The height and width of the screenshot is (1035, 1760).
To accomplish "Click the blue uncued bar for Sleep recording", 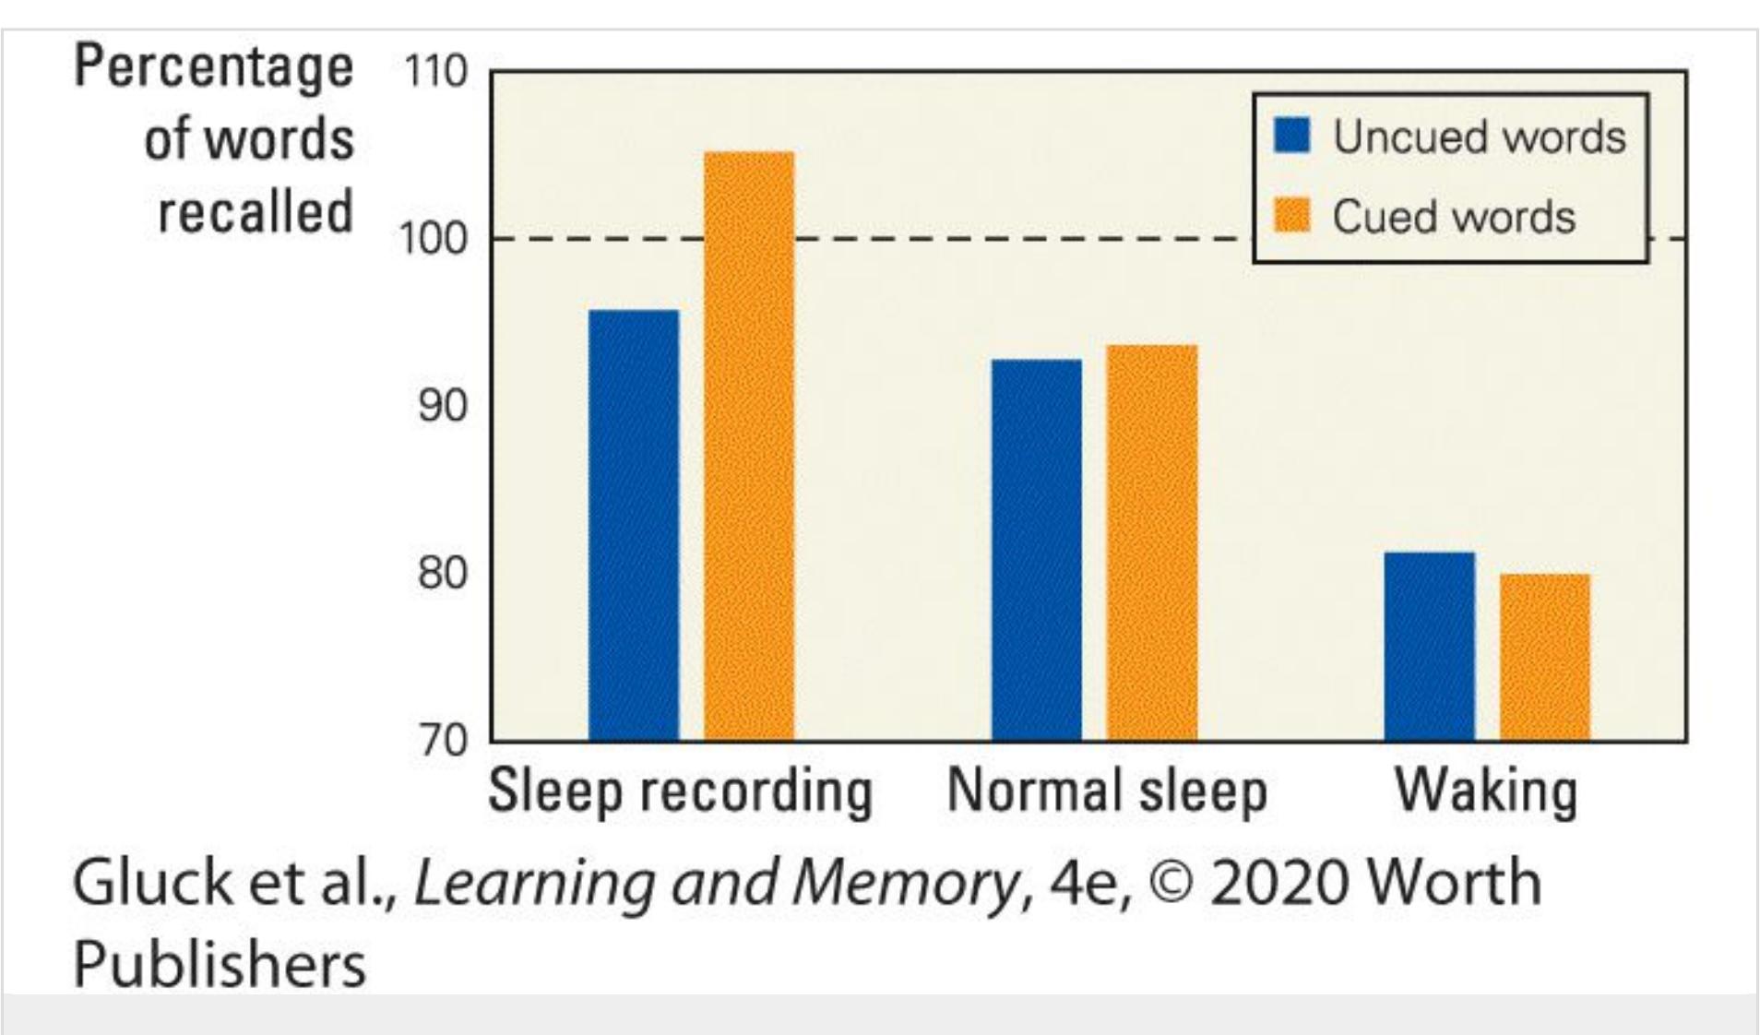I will click(634, 526).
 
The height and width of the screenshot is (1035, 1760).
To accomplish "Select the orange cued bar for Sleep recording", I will click(749, 446).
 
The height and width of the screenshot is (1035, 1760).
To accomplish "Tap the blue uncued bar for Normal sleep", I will click(1036, 550).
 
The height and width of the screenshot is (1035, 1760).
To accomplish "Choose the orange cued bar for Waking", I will click(1545, 657).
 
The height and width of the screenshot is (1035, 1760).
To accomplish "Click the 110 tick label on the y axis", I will click(434, 71).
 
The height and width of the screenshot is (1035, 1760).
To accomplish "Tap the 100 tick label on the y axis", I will click(433, 239).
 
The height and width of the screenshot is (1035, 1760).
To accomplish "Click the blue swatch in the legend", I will click(1291, 136).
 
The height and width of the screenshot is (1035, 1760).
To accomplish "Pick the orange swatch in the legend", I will click(1291, 216).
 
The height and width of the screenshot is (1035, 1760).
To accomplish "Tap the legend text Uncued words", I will click(1479, 137).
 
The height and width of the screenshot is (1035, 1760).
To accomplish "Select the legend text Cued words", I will click(1454, 217).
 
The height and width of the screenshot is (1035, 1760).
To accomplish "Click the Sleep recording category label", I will click(680, 791).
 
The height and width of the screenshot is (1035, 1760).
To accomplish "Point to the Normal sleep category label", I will click(1107, 791).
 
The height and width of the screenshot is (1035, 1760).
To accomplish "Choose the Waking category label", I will click(1486, 791).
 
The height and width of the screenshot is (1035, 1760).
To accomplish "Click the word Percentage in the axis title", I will click(213, 68).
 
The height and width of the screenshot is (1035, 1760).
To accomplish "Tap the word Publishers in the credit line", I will click(220, 964).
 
